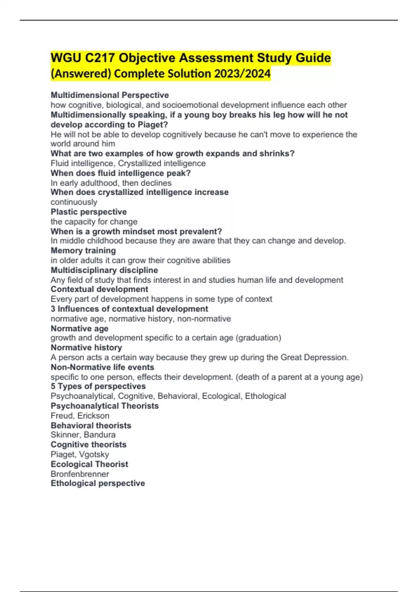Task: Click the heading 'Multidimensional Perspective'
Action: pos(110,95)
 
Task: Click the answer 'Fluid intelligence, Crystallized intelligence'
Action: pos(128,163)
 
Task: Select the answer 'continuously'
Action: pos(74,202)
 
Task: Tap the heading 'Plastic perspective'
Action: pos(88,212)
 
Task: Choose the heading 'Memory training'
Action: pos(83,250)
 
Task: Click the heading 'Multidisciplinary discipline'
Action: pos(104,270)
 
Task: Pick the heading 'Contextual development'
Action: pos(99,289)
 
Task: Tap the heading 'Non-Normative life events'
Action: pos(102,367)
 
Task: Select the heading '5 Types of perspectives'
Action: pos(98,386)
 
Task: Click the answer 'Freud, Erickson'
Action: pos(80,415)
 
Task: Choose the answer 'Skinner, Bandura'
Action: pos(83,435)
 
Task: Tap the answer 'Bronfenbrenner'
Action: pos(80,474)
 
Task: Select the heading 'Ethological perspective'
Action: pos(98,483)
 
